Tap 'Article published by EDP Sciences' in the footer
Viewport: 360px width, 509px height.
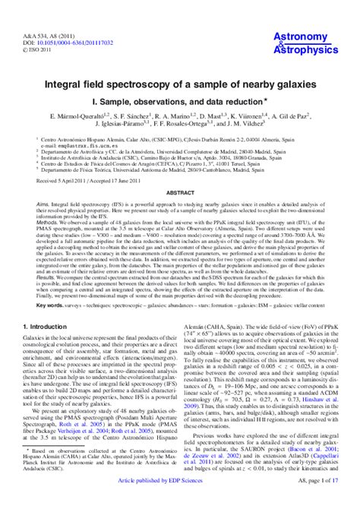pos(179,501)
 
